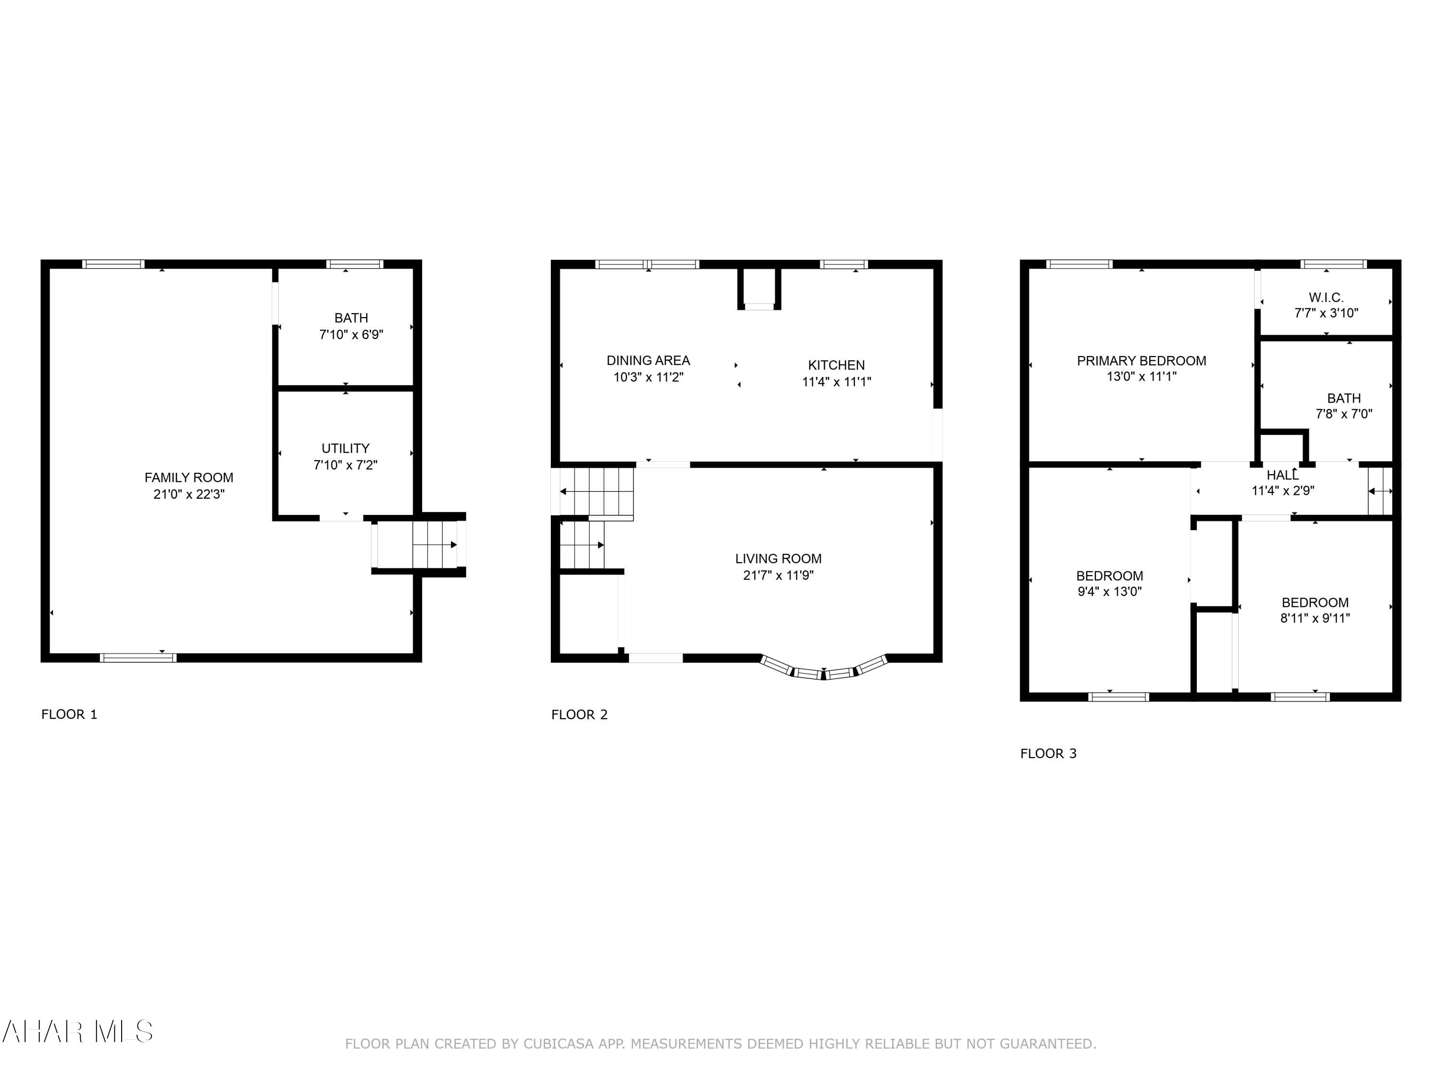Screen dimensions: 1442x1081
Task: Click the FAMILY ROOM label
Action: pos(189,478)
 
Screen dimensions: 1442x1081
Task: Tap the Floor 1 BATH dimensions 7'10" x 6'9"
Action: pos(351,335)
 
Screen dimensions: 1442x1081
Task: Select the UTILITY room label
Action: pos(346,448)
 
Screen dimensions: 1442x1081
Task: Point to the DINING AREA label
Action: pos(648,360)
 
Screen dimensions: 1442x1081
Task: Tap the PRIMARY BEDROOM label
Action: pos(1142,360)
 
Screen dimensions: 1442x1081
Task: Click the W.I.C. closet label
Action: pos(1326,298)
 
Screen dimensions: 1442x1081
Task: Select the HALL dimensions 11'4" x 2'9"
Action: pos(1283,491)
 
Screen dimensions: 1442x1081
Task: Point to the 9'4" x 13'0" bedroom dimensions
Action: pos(1109,591)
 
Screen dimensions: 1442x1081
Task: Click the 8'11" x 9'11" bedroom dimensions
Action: pos(1315,618)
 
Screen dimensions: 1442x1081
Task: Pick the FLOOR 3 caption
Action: pos(1048,754)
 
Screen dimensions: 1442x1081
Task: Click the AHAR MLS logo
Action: pos(77,1032)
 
